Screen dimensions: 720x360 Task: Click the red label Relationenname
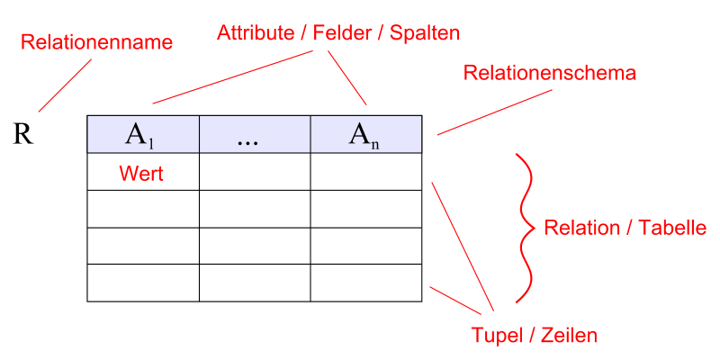pos(96,42)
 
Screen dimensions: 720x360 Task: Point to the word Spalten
pos(425,33)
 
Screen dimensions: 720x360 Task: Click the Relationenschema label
pos(550,73)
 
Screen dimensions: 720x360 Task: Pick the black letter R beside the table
pos(23,135)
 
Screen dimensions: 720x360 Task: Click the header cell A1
pos(143,134)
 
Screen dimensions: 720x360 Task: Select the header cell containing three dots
pos(255,134)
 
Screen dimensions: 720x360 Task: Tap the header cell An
pos(366,134)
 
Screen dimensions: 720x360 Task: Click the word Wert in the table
pos(141,174)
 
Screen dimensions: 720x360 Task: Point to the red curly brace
pos(525,228)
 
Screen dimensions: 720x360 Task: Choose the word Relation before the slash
pos(577,228)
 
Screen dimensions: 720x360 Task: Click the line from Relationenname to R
pos(65,85)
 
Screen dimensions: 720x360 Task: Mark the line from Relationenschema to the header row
pos(494,112)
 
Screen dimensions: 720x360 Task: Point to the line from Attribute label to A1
pos(232,77)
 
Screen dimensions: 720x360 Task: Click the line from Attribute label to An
pos(346,77)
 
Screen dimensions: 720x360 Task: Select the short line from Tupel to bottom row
pos(455,301)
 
